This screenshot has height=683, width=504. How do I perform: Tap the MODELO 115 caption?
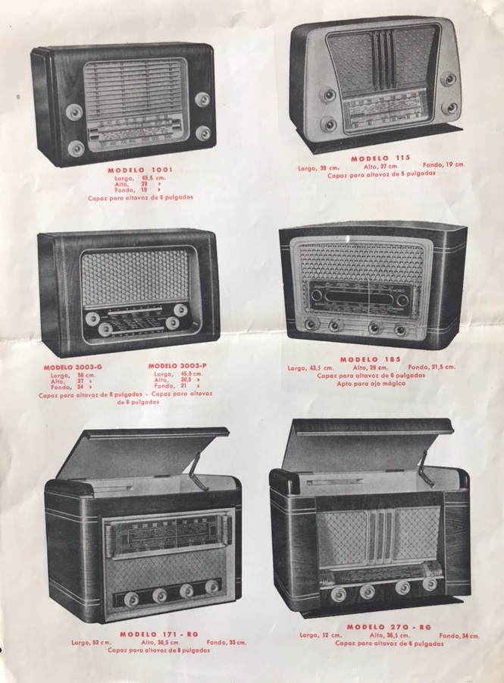380,157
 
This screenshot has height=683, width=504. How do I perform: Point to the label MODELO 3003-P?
178,365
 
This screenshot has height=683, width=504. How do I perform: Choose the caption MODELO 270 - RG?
388,627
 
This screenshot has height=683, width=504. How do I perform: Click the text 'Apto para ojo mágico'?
371,383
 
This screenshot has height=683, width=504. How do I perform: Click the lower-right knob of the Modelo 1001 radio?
202,133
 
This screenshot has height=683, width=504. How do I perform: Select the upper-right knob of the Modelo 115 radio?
449,79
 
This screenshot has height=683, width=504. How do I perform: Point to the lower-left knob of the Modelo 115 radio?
329,124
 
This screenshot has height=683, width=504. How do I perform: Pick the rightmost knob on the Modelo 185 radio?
399,329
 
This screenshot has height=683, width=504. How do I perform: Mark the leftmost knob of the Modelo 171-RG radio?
131,599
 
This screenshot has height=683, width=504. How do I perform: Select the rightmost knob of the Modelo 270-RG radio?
430,584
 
